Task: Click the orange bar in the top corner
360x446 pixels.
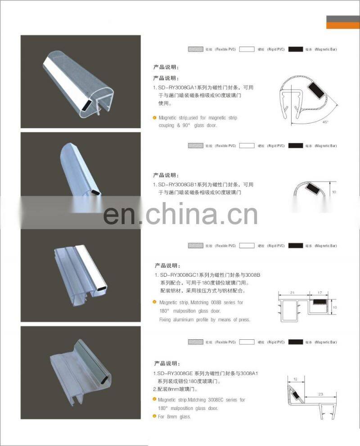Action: coord(343,25)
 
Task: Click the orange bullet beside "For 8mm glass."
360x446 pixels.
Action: coord(154,417)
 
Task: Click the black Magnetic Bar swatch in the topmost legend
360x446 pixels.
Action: coord(296,49)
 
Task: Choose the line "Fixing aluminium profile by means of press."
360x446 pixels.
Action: coord(204,320)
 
